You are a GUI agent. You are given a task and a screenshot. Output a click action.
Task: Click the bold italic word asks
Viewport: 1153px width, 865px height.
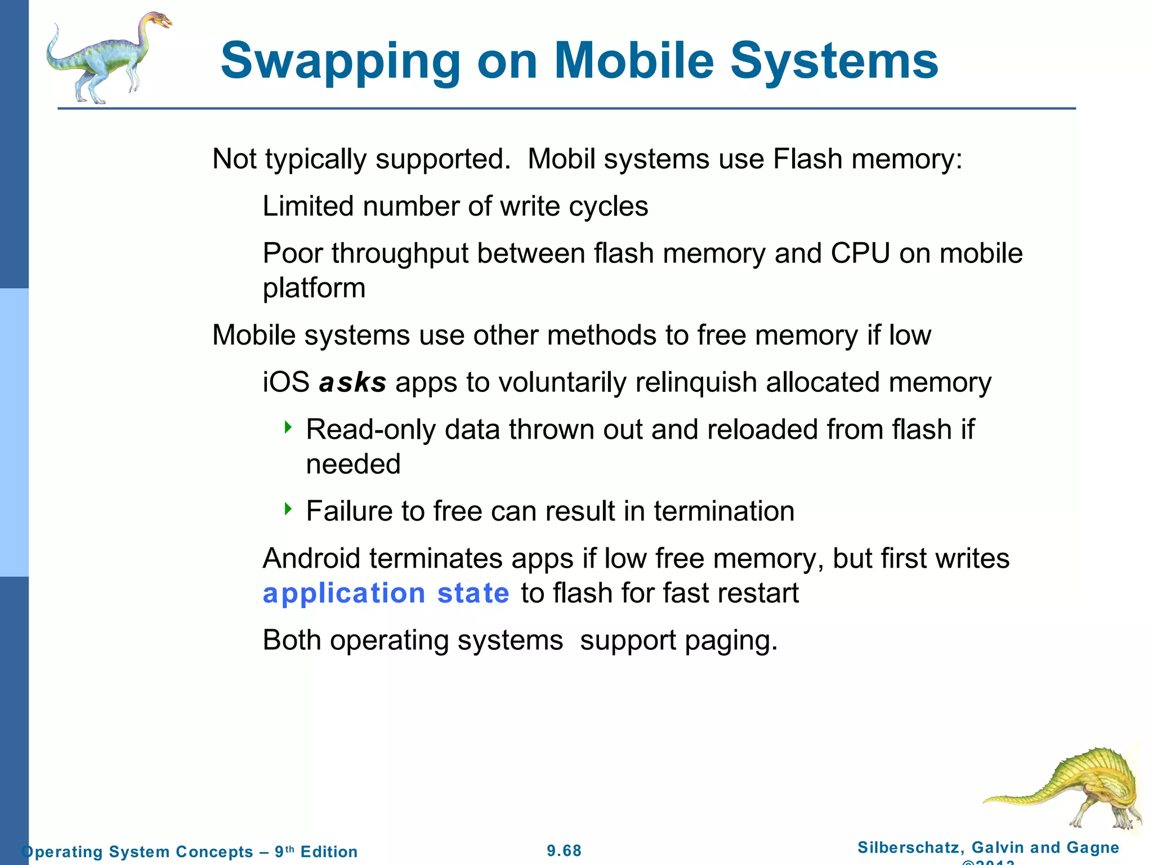352,382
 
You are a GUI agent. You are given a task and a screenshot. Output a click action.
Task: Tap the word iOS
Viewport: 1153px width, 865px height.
286,382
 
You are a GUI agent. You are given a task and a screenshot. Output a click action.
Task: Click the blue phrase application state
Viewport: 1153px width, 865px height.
386,594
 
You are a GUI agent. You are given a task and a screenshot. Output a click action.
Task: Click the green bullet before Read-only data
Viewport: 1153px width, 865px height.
288,427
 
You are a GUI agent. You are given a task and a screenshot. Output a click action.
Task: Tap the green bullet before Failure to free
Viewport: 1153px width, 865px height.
288,509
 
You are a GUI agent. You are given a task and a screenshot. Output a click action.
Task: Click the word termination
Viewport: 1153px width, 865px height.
724,511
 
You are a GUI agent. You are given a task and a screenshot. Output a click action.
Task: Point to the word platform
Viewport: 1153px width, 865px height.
314,289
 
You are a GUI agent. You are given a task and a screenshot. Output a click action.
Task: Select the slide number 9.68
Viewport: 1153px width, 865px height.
564,851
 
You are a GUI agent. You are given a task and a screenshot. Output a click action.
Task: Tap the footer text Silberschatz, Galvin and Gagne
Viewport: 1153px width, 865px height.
988,848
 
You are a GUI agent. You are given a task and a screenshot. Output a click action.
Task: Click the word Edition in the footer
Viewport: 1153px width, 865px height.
329,851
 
